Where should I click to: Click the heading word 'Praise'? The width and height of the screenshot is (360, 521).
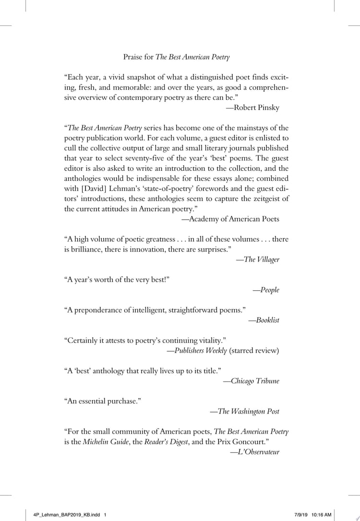pyautogui.click(x=133, y=58)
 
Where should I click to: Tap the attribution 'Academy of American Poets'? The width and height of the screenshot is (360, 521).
pyautogui.click(x=234, y=219)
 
